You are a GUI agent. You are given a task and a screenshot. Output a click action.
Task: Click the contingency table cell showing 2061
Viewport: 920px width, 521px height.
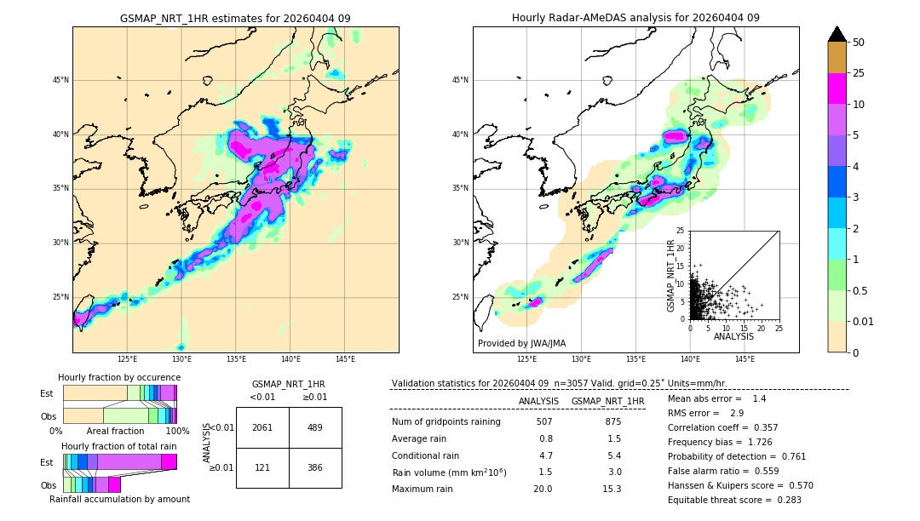[x=262, y=427]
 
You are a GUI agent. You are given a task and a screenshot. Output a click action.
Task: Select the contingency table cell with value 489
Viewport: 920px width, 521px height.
[x=315, y=427]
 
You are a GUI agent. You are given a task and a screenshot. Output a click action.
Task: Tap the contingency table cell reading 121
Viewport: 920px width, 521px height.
[x=262, y=468]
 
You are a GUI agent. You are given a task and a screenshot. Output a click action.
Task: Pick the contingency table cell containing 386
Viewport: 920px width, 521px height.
[x=315, y=468]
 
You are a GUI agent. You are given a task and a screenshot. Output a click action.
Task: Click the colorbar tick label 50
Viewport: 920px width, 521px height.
[x=860, y=43]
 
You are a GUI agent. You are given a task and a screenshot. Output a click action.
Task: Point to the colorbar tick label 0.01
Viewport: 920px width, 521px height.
[x=865, y=322]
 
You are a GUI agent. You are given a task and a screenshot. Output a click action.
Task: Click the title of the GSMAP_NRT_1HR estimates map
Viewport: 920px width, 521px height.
[x=235, y=18]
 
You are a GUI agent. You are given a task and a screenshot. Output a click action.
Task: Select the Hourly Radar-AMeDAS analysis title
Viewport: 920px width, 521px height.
[x=635, y=18]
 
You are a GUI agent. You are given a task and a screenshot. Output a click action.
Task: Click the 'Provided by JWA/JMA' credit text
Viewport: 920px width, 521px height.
[x=521, y=344]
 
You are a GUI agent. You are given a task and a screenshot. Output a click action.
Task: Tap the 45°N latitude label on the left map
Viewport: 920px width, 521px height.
[x=60, y=80]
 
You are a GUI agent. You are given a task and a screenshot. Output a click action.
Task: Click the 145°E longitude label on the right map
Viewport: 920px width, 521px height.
[x=745, y=359]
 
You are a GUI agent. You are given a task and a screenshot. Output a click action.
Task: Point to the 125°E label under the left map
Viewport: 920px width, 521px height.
[x=127, y=359]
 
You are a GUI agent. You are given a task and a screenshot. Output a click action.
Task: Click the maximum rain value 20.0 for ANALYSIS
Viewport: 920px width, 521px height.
[x=543, y=489]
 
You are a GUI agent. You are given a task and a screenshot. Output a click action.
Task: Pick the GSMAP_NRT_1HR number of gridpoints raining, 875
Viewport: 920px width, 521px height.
[x=612, y=421]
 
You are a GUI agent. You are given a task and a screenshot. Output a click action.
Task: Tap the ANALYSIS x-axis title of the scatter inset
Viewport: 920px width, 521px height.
[x=733, y=336]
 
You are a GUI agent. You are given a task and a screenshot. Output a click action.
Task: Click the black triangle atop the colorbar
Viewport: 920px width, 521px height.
[x=837, y=34]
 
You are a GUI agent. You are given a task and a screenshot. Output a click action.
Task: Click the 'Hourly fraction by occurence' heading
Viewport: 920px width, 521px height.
[x=119, y=377]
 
